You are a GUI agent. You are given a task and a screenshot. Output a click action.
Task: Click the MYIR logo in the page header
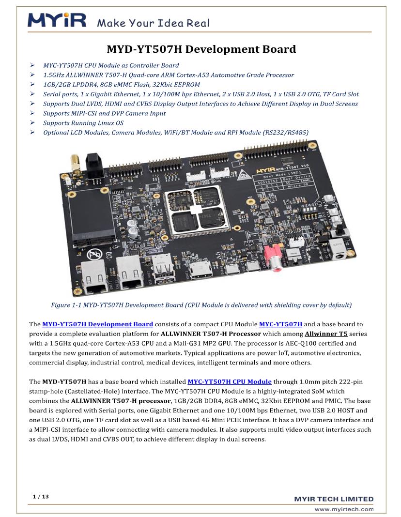57,21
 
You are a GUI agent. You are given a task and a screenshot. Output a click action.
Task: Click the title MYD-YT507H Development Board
201,49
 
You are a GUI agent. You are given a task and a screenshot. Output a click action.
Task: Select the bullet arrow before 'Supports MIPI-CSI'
32,113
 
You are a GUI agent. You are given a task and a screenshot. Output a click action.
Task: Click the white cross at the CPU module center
195,210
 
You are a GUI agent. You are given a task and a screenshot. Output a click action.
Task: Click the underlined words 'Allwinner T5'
326,334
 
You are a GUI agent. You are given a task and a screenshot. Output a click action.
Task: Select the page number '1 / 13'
41,497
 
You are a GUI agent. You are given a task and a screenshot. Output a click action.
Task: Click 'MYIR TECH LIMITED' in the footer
334,499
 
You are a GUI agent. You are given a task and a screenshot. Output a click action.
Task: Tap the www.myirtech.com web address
344,509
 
